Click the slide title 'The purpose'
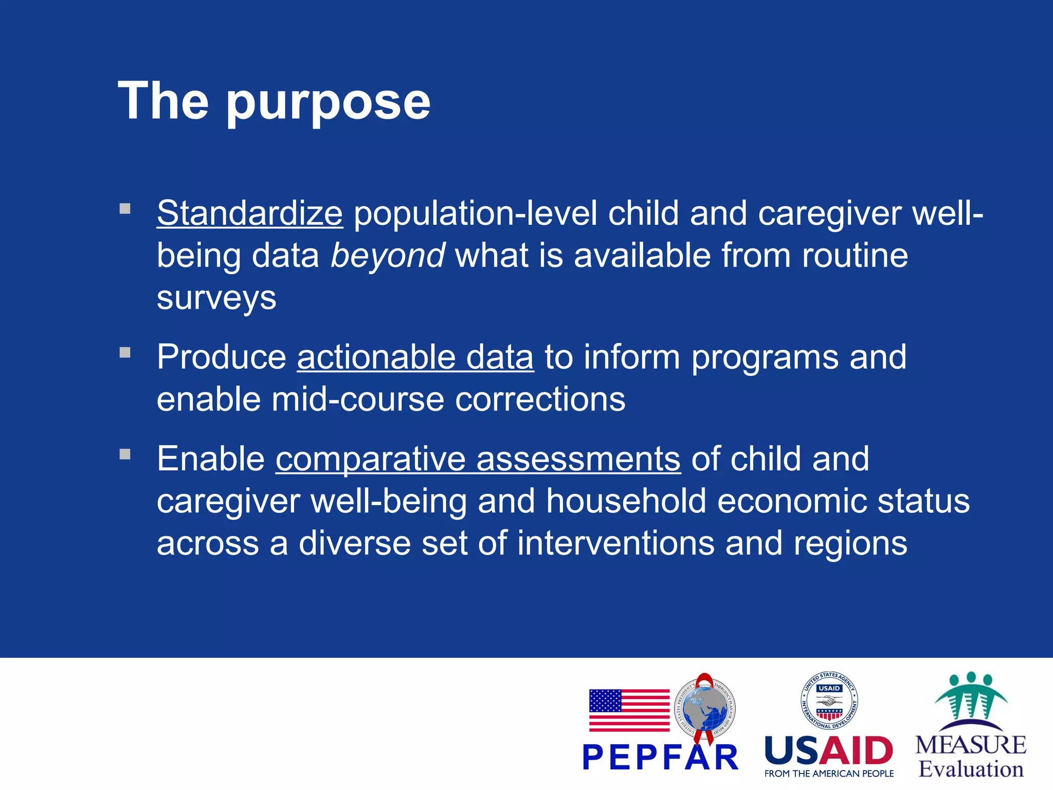274,101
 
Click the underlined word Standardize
249,213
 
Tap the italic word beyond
387,256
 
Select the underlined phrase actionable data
415,357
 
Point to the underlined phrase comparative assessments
478,459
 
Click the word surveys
216,298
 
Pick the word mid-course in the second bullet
357,399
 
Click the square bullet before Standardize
125,209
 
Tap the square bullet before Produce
125,353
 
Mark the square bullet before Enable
125,454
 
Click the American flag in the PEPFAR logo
629,710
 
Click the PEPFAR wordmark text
660,758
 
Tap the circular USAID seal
829,701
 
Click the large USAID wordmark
829,751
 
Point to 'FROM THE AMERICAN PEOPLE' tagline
829,774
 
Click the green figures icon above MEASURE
971,699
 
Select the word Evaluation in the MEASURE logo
971,769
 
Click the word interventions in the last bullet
615,544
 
